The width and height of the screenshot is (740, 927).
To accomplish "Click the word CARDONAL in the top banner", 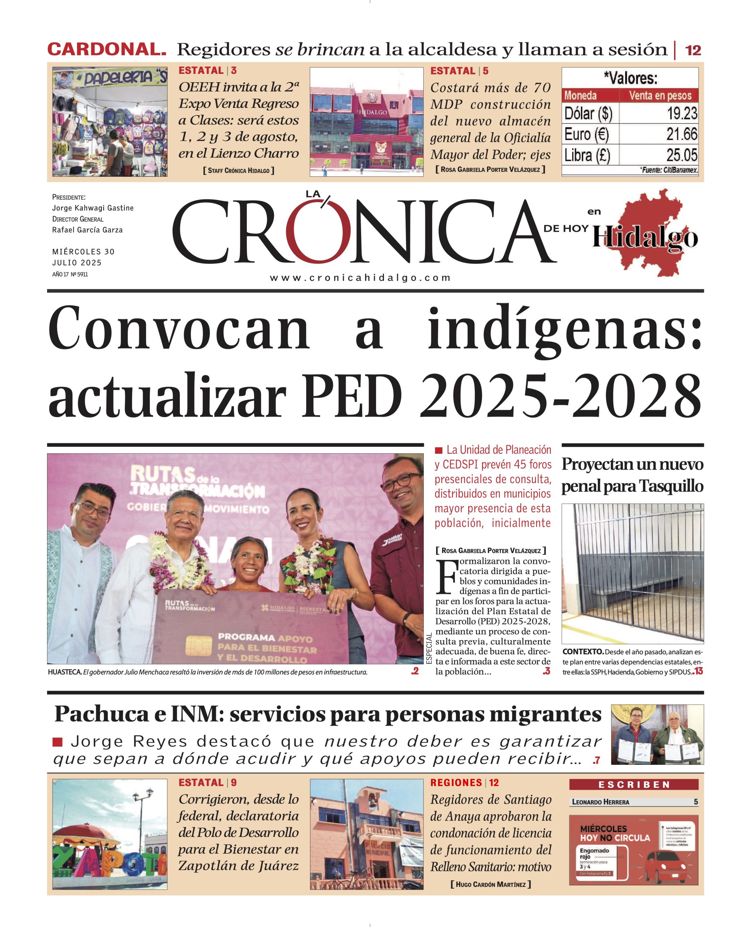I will point(107,50).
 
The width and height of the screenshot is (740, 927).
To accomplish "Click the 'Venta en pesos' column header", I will point(660,96).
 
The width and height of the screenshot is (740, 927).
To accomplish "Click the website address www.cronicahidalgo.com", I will point(360,278).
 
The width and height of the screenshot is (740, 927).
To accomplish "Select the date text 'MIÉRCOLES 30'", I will point(83,252).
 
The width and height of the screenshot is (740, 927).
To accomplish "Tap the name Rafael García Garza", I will point(87,230).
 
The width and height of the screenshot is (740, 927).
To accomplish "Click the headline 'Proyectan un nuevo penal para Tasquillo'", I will point(632,475).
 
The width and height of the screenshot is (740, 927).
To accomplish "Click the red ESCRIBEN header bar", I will point(633,785).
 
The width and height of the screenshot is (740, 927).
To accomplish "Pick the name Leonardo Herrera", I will point(600,802).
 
